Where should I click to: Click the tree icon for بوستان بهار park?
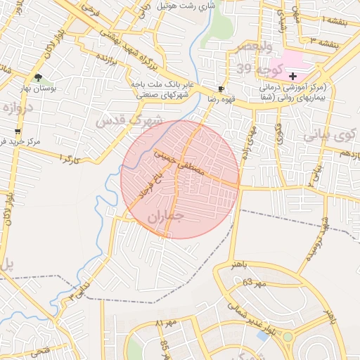38,77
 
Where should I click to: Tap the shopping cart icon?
18,131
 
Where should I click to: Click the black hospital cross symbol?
292,75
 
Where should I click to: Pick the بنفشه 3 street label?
334,44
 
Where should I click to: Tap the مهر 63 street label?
255,283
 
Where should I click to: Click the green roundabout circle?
288,337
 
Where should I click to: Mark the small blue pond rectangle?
263,336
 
